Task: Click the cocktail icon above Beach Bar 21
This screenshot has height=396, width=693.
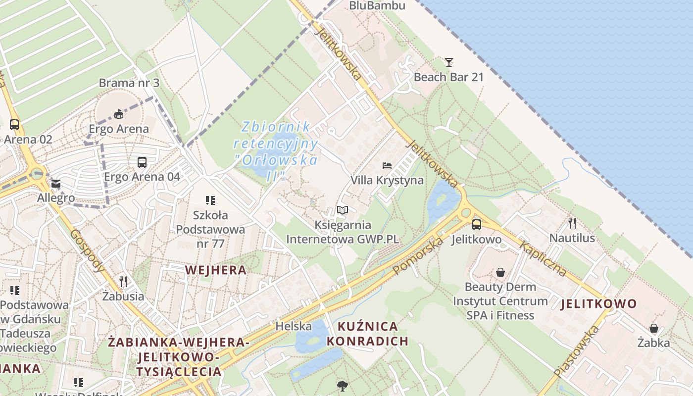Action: [x=449, y=62]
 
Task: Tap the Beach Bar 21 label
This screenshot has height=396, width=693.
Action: [x=448, y=77]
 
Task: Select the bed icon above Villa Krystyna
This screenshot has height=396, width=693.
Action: [x=387, y=165]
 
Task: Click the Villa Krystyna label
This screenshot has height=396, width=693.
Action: [x=387, y=180]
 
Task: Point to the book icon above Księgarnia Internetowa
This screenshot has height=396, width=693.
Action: [x=343, y=210]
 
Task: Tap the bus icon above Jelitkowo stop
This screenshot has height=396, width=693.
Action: [x=477, y=224]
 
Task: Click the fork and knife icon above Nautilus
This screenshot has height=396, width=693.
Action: [x=572, y=223]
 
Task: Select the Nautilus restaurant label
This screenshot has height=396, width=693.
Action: [x=572, y=238]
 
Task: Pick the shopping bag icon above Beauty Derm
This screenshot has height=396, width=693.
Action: [x=500, y=272]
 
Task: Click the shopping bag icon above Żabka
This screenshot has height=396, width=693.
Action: [x=654, y=328]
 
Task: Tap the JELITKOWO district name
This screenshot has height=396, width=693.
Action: [x=598, y=304]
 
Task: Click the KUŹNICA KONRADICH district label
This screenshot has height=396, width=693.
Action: [x=368, y=334]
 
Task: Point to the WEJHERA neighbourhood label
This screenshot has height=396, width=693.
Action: [x=216, y=270]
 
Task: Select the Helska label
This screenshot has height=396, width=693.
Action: [x=294, y=326]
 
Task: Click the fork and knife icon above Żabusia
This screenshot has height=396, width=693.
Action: [x=123, y=282]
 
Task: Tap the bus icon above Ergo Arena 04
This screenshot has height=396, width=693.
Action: [x=142, y=162]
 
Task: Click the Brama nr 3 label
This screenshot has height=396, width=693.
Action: [x=129, y=83]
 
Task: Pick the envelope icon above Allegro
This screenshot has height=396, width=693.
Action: [x=56, y=184]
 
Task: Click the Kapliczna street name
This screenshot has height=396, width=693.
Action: [x=543, y=259]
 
